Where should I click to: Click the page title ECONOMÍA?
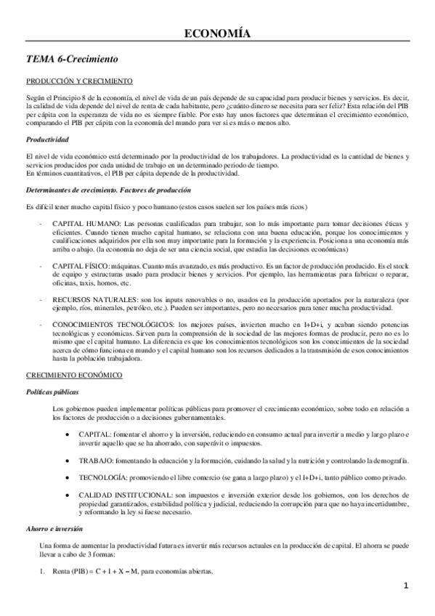coord(217,33)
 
